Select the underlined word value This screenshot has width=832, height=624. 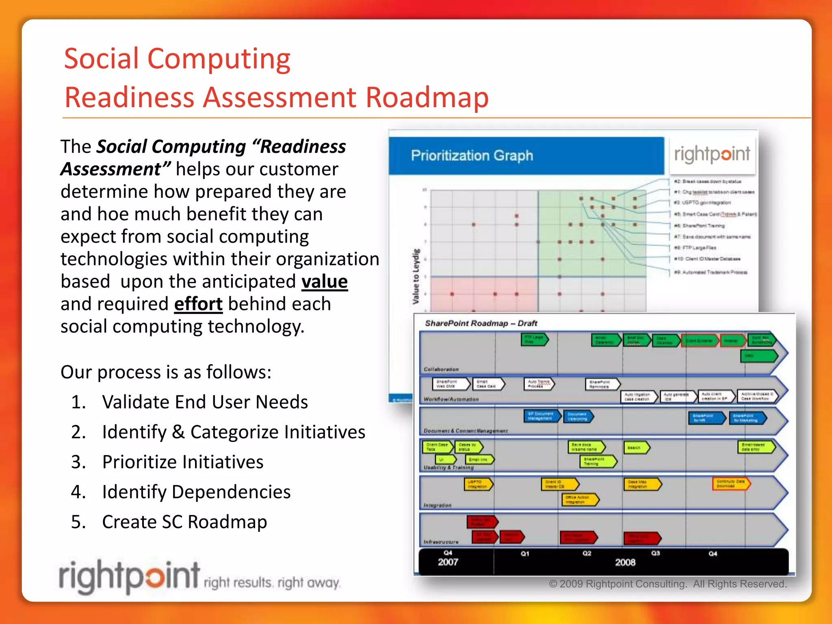324,282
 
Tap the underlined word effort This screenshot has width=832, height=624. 198,304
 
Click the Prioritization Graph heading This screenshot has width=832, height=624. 472,156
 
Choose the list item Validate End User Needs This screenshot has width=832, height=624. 205,402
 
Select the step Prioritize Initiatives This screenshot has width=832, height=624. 182,462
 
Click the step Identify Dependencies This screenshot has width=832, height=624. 196,492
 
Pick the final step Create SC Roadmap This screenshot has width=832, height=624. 184,522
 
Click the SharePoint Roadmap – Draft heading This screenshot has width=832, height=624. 481,323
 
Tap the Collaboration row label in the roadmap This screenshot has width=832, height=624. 441,369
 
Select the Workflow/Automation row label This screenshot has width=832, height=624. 451,399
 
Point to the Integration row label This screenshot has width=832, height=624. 438,505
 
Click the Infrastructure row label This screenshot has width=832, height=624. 441,542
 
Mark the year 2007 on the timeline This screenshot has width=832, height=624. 448,562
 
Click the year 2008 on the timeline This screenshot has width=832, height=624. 625,562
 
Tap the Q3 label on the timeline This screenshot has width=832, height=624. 655,553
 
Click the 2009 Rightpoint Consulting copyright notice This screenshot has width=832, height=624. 668,584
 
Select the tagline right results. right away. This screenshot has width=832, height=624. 271,583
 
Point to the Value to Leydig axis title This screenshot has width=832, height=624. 416,276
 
